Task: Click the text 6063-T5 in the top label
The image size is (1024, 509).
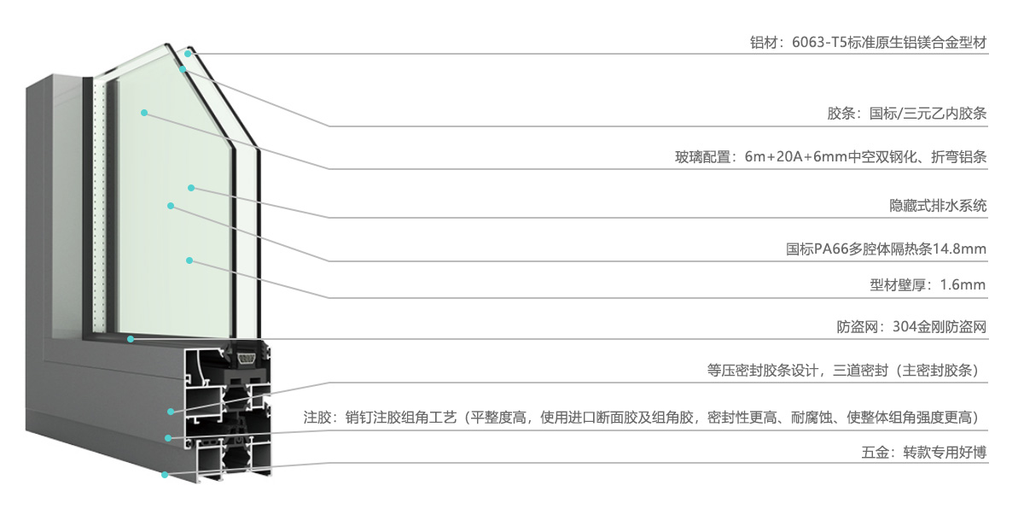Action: [x=818, y=43]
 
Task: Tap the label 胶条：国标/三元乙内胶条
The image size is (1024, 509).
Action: [x=907, y=114]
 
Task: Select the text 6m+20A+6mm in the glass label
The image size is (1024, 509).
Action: [x=796, y=157]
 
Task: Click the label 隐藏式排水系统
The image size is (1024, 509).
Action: [x=938, y=206]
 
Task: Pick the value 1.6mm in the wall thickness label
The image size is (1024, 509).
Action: [x=963, y=285]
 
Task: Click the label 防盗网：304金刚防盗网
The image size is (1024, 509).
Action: [x=911, y=327]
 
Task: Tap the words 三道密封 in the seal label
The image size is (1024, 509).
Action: [x=860, y=371]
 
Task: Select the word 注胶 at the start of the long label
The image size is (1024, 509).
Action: [x=317, y=418]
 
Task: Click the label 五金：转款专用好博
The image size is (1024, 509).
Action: [x=924, y=453]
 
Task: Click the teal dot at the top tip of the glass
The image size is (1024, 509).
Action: [x=188, y=54]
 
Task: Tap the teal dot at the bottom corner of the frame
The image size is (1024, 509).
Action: [x=165, y=475]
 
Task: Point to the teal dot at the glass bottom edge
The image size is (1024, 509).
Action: [x=131, y=339]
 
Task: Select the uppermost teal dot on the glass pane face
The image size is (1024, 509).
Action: [x=144, y=113]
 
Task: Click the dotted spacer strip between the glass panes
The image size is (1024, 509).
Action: [x=99, y=205]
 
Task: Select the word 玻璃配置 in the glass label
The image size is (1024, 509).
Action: [x=703, y=157]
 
